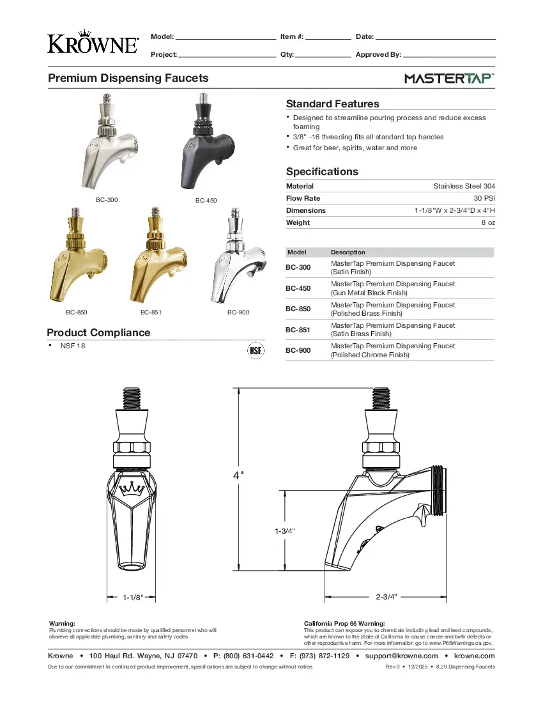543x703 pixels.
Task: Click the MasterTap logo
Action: [x=449, y=79]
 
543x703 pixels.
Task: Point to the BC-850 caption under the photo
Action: [x=76, y=313]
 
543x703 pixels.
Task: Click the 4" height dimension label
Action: [x=238, y=475]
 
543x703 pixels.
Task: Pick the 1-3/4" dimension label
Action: [x=284, y=531]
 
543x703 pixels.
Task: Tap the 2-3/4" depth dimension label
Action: [x=386, y=596]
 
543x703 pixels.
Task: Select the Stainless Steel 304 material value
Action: [x=464, y=186]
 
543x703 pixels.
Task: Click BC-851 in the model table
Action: [x=298, y=330]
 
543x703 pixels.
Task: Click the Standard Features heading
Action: [x=332, y=104]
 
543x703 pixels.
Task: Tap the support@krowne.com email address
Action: [x=401, y=656]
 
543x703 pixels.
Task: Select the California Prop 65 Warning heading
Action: [x=344, y=623]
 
